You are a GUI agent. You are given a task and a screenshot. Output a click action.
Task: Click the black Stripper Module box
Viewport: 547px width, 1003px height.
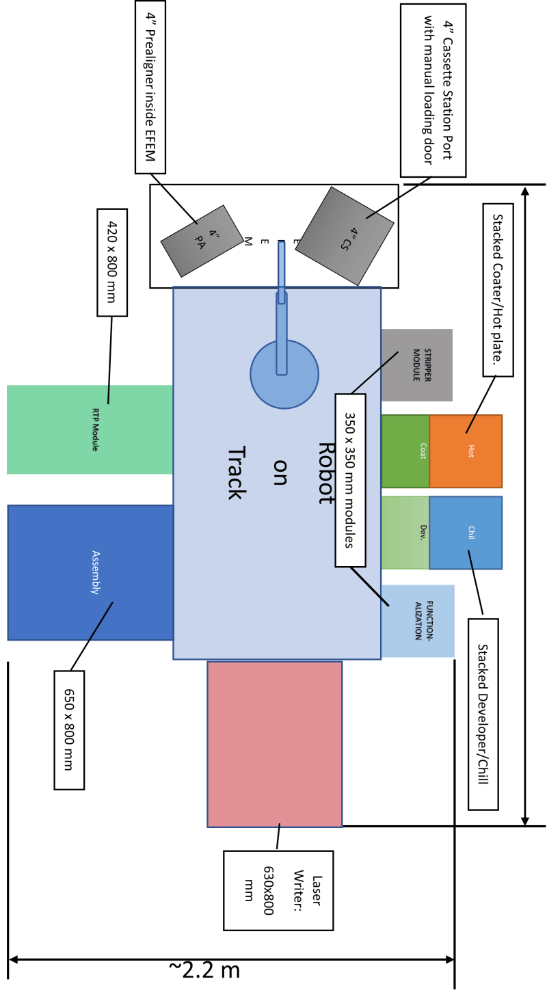point(417,364)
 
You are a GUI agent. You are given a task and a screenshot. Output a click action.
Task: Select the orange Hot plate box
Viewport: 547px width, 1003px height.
point(466,451)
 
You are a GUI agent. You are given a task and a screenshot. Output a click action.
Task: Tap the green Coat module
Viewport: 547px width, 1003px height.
point(405,451)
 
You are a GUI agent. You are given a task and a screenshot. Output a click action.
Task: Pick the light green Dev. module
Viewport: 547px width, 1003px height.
point(405,533)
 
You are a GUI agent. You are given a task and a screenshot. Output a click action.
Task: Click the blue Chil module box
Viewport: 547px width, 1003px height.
point(466,533)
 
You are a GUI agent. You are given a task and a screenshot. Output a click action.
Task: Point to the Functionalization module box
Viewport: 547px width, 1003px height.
point(418,620)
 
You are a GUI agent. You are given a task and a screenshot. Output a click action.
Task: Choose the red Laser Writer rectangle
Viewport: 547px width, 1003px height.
point(275,744)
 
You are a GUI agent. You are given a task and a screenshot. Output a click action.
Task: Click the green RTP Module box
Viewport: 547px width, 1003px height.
point(89,429)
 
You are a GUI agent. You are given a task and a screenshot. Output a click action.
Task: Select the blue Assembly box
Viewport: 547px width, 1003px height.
point(90,572)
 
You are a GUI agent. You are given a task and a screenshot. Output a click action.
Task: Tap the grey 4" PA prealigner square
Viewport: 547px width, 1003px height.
point(202,241)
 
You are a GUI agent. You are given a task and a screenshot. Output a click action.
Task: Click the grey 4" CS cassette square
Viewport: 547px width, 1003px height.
point(345,236)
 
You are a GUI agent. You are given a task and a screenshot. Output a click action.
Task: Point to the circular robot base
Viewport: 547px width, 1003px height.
point(284,375)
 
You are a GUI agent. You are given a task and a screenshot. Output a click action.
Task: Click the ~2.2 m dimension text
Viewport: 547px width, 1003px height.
point(204,969)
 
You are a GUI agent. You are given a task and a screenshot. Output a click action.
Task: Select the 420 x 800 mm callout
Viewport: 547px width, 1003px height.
point(112,263)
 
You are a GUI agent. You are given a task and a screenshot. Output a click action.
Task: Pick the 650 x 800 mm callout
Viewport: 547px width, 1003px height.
point(69,730)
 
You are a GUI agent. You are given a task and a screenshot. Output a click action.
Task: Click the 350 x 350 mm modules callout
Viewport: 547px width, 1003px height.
point(350,480)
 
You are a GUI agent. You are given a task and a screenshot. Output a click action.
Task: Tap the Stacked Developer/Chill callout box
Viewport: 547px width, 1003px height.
point(483,714)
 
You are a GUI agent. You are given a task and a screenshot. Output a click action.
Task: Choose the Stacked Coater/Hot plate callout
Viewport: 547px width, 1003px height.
point(498,289)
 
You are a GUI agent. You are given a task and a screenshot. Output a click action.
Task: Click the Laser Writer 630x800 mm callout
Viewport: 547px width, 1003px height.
point(278,890)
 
